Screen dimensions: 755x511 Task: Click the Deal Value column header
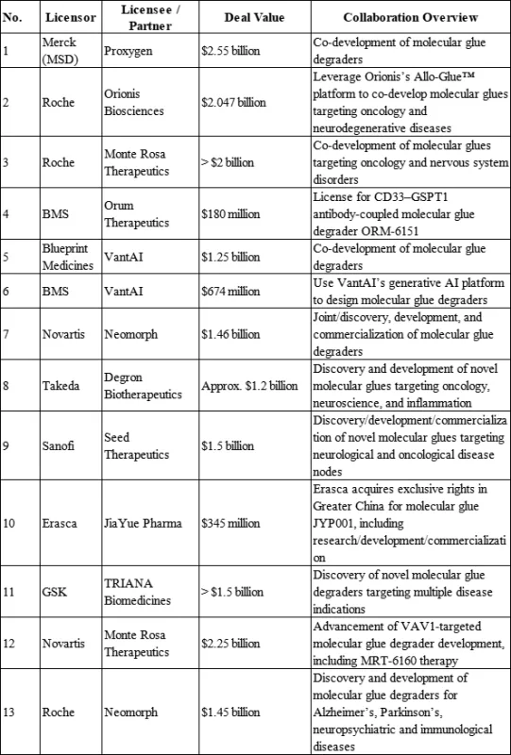250,19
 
